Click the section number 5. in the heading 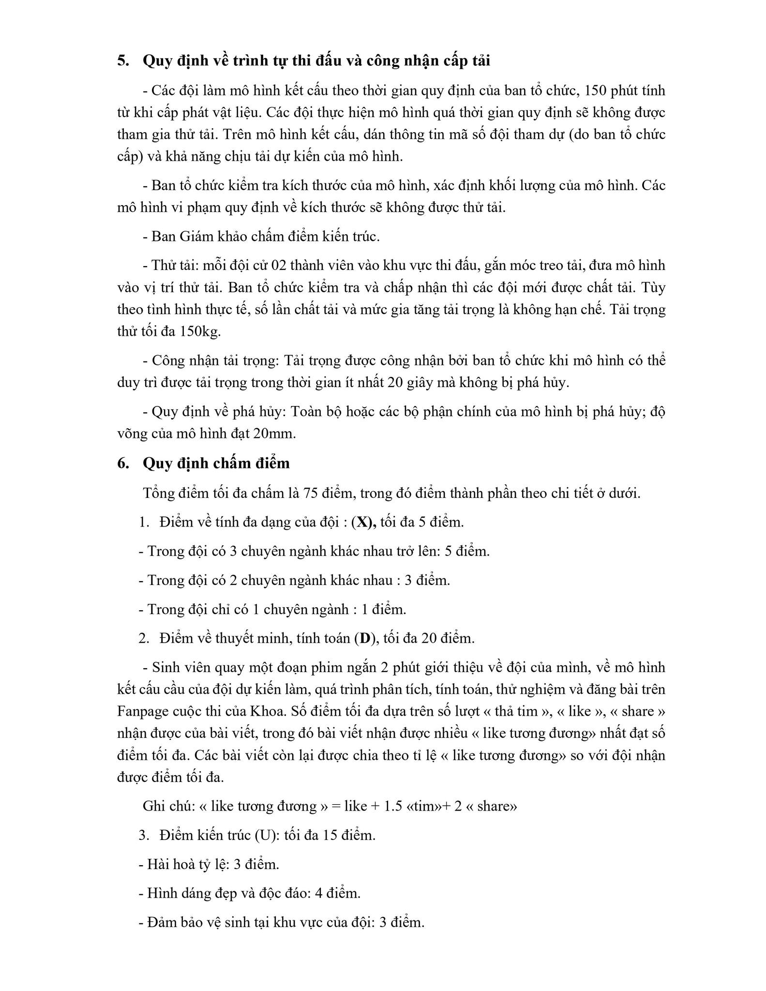click(123, 61)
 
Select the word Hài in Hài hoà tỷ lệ click(157, 865)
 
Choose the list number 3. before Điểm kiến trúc click(144, 836)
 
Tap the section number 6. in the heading click(123, 464)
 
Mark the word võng click(133, 434)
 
